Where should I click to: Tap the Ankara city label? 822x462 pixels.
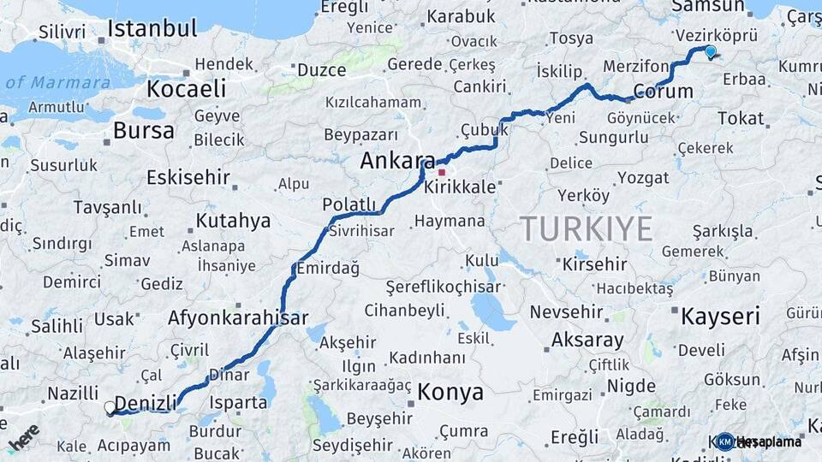[397, 160]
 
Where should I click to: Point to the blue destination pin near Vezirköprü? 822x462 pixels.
[710, 52]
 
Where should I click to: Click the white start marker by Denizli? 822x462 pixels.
[110, 408]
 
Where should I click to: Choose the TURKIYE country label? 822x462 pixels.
[587, 228]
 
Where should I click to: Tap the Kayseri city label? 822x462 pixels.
[720, 317]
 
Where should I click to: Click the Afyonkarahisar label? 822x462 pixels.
[238, 318]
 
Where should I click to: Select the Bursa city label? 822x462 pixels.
[143, 131]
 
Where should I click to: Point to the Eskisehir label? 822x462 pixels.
[188, 178]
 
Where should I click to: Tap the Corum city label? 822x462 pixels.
[663, 91]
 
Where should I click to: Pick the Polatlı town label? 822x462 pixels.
[349, 204]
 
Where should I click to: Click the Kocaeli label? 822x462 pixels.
[186, 89]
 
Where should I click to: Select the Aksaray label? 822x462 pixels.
[587, 340]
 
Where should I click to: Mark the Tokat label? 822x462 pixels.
[741, 118]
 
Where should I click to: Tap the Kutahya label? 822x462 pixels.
[233, 221]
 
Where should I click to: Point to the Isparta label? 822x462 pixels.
[238, 401]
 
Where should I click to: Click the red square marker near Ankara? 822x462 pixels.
[442, 171]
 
